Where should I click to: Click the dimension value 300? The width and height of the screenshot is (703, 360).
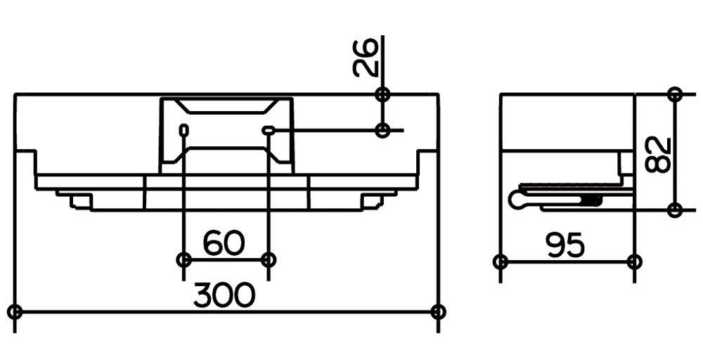[224, 295]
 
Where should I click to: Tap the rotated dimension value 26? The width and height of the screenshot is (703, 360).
[365, 58]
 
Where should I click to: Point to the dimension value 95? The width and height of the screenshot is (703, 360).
[565, 245]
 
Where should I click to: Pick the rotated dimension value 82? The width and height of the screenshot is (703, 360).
[658, 155]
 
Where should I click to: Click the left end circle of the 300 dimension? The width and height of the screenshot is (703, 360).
[15, 311]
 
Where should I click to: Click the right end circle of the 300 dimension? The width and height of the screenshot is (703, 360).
[438, 311]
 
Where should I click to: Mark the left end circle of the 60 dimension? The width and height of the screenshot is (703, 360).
[183, 259]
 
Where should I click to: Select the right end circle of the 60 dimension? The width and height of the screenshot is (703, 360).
[268, 259]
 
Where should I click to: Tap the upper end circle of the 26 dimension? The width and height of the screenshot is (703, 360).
[382, 95]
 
